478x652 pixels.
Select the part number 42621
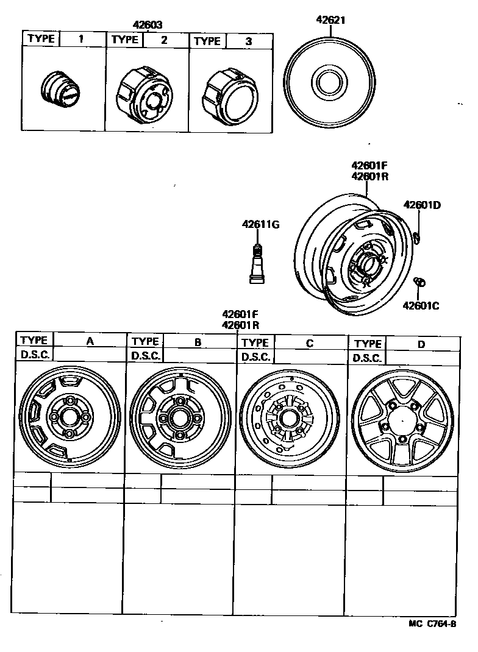click(x=330, y=19)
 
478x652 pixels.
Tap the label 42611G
click(x=259, y=225)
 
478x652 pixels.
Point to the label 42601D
click(x=421, y=205)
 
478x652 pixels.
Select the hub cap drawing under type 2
click(x=142, y=91)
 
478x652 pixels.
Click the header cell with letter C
click(x=310, y=343)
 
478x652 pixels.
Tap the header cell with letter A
click(x=90, y=341)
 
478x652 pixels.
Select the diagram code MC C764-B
click(x=432, y=624)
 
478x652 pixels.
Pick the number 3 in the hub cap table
click(x=248, y=41)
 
